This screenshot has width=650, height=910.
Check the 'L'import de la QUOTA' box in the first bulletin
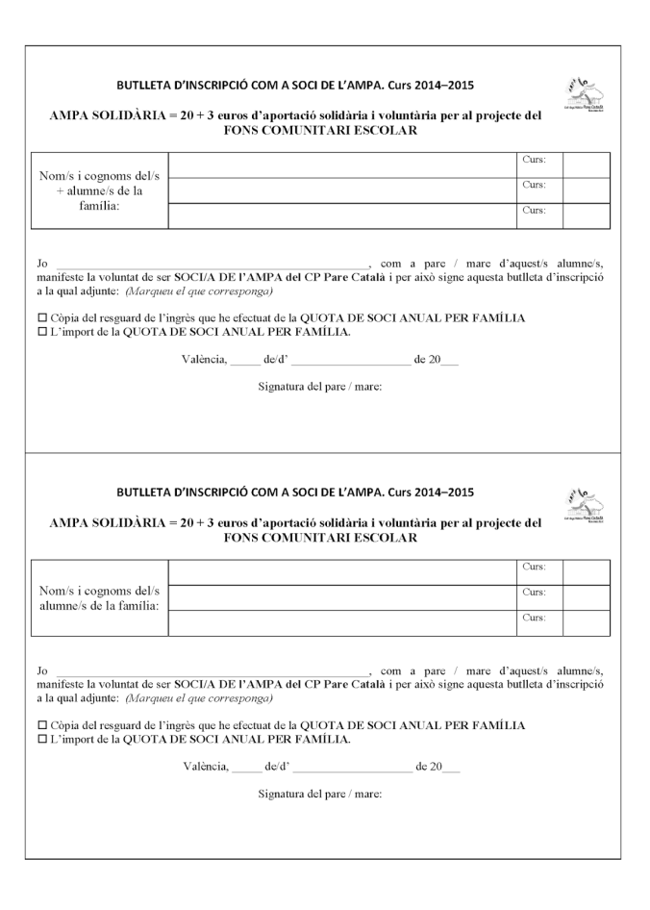[x=41, y=332]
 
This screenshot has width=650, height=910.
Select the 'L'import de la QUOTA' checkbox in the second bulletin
[x=41, y=739]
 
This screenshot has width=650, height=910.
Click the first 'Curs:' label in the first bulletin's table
[x=534, y=160]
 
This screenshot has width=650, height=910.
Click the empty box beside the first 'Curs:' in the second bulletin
[x=586, y=568]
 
